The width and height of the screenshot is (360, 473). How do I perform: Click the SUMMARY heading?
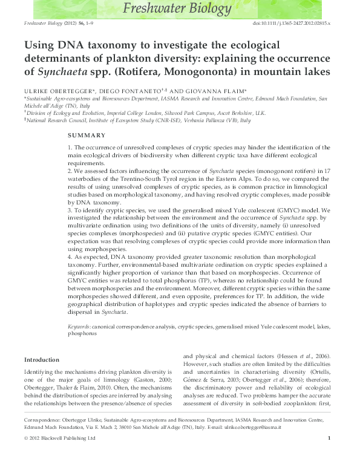pos(87,135)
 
